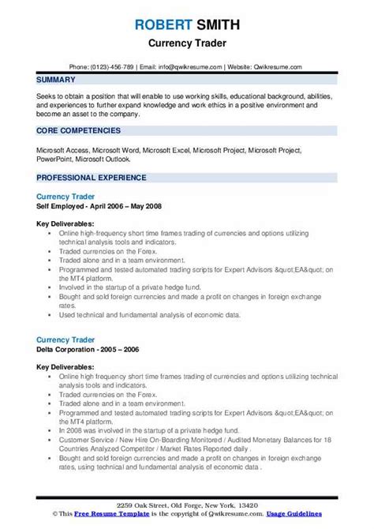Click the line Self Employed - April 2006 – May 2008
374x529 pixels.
point(99,205)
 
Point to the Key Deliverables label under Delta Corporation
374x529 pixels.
point(65,345)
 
